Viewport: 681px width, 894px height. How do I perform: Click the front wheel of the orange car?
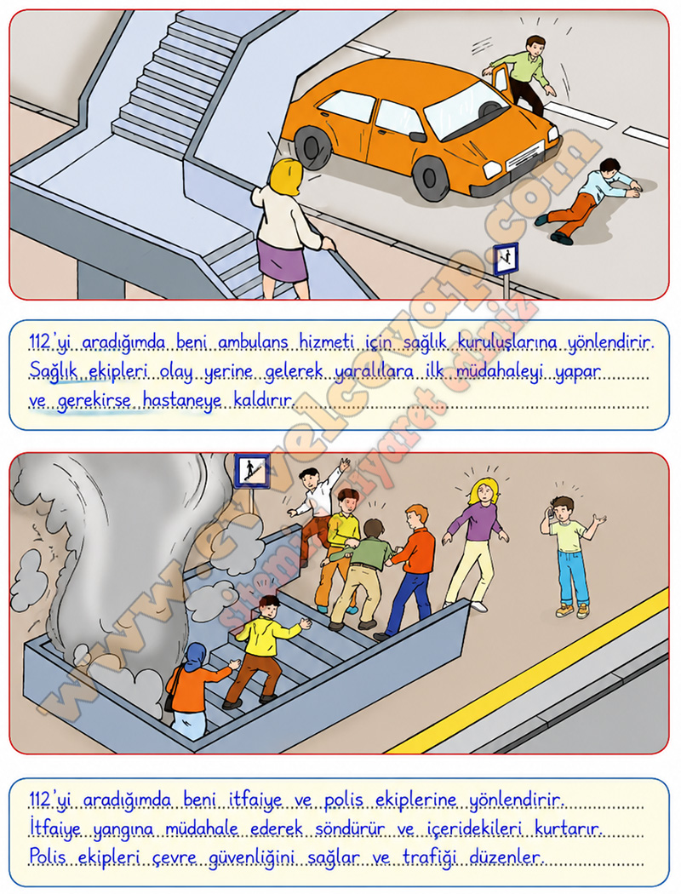coord(432,177)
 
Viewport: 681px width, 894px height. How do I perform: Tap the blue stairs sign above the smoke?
coord(251,471)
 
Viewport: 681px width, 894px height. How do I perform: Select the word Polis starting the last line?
coord(49,856)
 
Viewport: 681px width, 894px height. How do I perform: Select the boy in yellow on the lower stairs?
coord(263,650)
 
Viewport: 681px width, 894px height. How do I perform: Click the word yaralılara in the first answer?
coord(374,372)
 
